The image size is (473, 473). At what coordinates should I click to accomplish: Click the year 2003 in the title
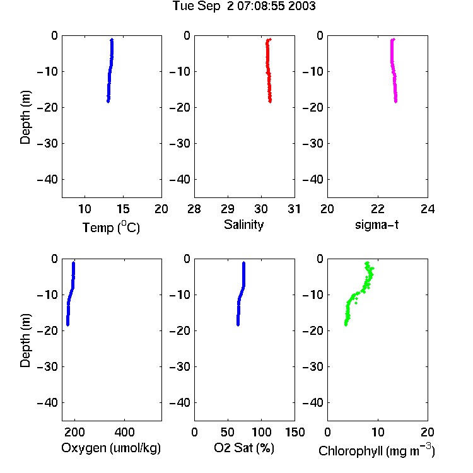click(301, 6)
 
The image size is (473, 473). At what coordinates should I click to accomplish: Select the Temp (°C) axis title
click(111, 227)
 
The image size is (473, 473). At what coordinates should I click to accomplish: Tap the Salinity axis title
click(243, 225)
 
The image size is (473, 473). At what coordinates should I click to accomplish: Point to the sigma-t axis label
click(377, 225)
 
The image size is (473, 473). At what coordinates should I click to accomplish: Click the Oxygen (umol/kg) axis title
click(111, 448)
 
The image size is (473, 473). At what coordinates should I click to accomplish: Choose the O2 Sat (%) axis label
click(244, 448)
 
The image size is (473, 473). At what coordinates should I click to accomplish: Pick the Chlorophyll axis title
click(377, 450)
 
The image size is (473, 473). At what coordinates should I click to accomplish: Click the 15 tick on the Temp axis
click(123, 209)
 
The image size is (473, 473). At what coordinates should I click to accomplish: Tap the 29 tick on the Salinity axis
click(228, 209)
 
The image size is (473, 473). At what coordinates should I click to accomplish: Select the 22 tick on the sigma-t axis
click(378, 209)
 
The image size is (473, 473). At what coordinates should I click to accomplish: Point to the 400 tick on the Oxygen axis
click(125, 432)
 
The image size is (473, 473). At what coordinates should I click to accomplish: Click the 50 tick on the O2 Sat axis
click(228, 432)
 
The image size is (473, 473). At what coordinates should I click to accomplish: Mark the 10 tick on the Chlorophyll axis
click(378, 432)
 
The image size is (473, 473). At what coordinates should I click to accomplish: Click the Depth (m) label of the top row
click(25, 117)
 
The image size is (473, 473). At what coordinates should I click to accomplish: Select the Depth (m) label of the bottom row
click(25, 341)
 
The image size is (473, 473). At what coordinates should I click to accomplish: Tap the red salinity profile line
click(268, 71)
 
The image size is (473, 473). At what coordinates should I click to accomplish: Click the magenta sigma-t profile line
click(394, 71)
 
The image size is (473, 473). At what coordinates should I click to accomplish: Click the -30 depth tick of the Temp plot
click(47, 144)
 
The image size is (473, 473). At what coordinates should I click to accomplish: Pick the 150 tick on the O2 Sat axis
click(295, 432)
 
